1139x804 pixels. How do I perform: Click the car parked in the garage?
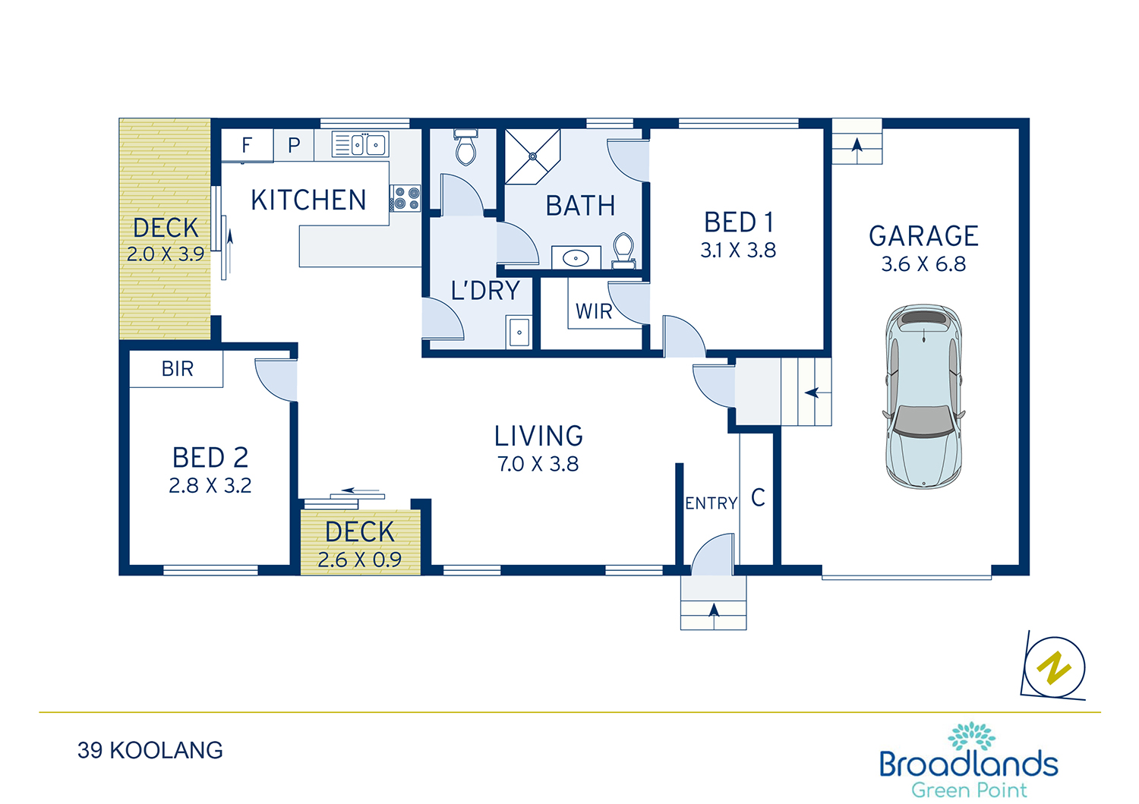(x=923, y=396)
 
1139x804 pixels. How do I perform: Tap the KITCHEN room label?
(x=308, y=200)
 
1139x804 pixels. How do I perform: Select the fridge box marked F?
(x=247, y=146)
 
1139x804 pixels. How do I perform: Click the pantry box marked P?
(x=294, y=146)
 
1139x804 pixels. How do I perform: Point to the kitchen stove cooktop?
(x=405, y=198)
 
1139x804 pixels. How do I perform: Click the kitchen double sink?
(x=361, y=144)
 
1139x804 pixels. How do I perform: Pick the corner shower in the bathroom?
(x=532, y=156)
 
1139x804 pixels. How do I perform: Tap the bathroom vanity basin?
(x=576, y=258)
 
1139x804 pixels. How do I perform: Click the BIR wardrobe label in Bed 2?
(x=178, y=369)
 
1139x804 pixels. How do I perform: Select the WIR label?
(x=593, y=311)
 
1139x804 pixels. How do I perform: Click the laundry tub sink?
(x=519, y=332)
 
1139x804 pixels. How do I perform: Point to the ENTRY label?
(x=711, y=503)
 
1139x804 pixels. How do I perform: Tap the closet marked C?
(x=757, y=498)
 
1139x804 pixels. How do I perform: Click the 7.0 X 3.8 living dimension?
(x=538, y=465)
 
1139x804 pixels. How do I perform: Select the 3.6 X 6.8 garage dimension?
(x=923, y=264)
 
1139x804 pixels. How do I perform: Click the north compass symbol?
(x=1054, y=667)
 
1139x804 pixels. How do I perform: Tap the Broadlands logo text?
(x=969, y=764)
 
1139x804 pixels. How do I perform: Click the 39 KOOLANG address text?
(x=150, y=751)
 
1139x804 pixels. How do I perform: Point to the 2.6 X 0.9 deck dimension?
(x=359, y=560)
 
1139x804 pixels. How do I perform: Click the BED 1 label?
(x=738, y=222)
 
